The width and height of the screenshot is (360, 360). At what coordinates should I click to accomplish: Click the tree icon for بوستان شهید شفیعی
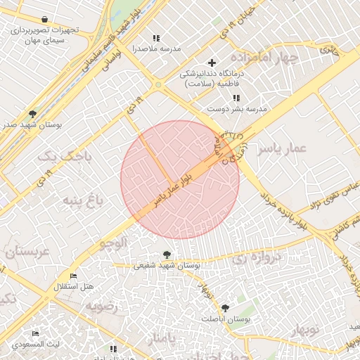[x=166, y=255]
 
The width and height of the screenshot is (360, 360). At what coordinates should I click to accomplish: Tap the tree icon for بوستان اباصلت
[x=225, y=308]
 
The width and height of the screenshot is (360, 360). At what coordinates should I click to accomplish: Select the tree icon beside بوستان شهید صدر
[x=32, y=113]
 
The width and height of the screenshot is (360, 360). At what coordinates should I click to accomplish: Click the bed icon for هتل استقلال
[x=74, y=276]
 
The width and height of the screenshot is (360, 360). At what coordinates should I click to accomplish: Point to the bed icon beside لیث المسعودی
[x=36, y=333]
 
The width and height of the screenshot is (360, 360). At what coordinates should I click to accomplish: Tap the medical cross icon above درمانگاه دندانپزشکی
[x=212, y=63]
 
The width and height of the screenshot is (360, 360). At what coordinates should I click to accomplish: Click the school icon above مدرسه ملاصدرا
[x=155, y=38]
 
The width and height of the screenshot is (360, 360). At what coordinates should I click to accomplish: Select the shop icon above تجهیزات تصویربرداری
[x=46, y=20]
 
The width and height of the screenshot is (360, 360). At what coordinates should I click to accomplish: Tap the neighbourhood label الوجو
[x=112, y=244]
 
